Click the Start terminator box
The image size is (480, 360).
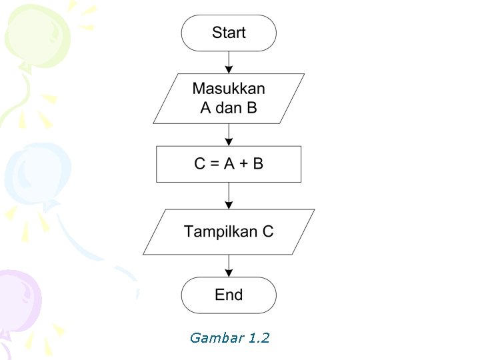click(x=229, y=33)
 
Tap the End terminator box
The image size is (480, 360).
click(x=229, y=295)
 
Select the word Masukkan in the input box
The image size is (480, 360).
click(x=229, y=89)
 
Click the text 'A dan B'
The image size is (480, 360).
click(x=229, y=107)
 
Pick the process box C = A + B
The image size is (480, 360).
click(x=229, y=164)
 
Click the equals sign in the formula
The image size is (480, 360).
click(x=214, y=164)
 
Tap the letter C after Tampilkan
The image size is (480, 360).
click(x=267, y=232)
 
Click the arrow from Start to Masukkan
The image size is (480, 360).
click(x=229, y=62)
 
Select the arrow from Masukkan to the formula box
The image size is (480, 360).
click(x=229, y=135)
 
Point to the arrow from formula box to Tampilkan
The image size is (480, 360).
click(x=229, y=195)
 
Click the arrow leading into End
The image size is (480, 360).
click(x=229, y=265)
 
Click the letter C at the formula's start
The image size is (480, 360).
click(x=200, y=164)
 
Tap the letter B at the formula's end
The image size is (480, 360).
click(x=258, y=164)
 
